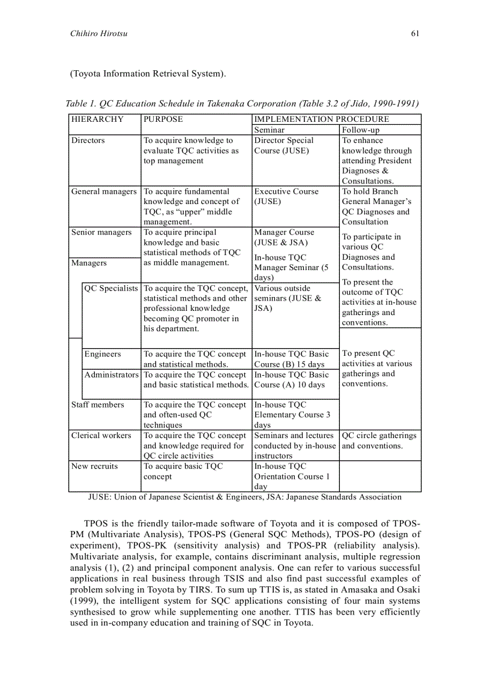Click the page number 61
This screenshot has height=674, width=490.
tap(415, 34)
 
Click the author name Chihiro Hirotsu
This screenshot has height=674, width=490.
tap(98, 34)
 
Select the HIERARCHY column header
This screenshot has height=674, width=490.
tap(97, 119)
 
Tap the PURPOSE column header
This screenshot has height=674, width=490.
tap(163, 119)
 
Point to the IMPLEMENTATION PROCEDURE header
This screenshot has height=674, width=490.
tap(321, 119)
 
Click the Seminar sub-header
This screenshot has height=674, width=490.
tap(270, 130)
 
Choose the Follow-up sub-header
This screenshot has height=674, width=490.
tap(360, 130)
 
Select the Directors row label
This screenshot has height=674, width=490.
tap(88, 140)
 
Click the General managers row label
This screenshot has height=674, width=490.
tap(104, 191)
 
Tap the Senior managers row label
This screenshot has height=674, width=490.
tap(101, 232)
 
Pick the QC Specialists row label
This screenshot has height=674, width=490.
tap(111, 288)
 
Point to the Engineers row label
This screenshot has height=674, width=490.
tap(103, 354)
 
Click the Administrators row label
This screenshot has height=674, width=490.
tap(112, 375)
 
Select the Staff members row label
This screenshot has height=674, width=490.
tap(97, 405)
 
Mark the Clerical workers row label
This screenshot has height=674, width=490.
tap(101, 435)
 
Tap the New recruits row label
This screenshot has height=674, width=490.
tap(94, 466)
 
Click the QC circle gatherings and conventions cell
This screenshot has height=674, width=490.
tap(379, 441)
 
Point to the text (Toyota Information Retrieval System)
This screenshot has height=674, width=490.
tap(148, 74)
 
